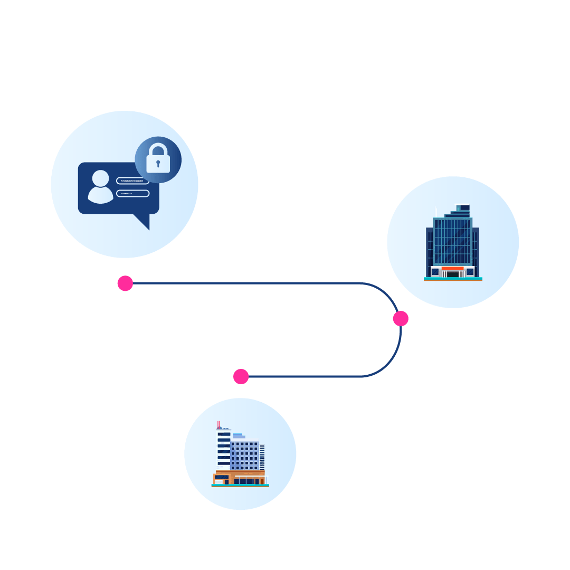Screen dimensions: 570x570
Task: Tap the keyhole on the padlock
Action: click(x=158, y=163)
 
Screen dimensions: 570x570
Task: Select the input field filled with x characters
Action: click(x=132, y=180)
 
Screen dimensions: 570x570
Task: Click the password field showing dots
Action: click(x=132, y=193)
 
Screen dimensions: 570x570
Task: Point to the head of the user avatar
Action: click(x=100, y=178)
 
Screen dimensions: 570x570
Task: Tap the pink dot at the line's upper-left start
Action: click(x=125, y=283)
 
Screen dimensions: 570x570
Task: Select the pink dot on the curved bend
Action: click(x=401, y=318)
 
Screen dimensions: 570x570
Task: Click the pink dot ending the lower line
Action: click(x=241, y=376)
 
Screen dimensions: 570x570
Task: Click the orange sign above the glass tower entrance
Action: click(x=452, y=269)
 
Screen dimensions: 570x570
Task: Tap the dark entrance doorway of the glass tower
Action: click(x=452, y=274)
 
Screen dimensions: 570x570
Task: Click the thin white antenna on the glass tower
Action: click(x=436, y=212)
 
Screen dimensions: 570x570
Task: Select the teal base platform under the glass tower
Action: click(x=453, y=279)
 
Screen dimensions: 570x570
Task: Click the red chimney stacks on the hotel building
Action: click(x=218, y=425)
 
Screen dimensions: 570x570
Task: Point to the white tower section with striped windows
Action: click(x=224, y=449)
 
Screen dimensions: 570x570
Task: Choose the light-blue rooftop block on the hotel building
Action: click(x=238, y=436)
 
